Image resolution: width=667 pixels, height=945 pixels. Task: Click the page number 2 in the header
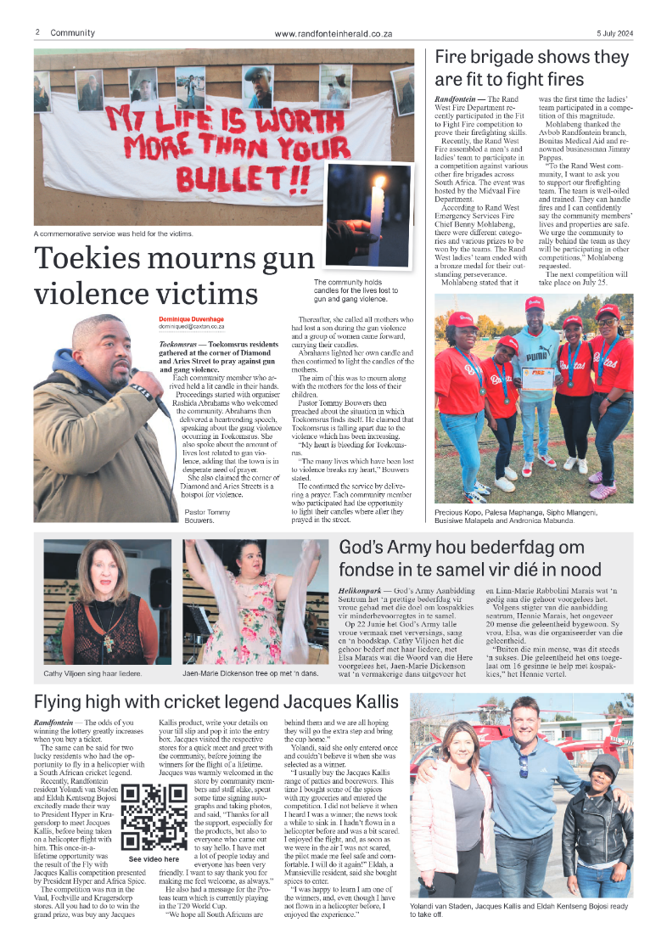tap(38, 32)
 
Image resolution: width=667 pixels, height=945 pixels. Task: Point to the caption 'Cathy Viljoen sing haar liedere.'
tap(92, 674)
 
